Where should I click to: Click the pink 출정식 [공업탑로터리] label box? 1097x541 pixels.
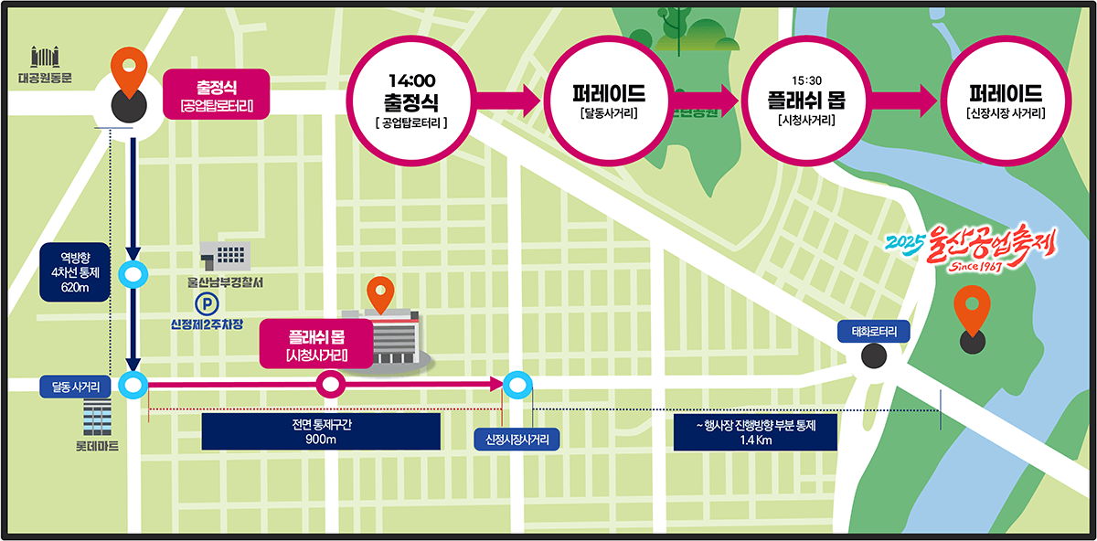[x=217, y=95]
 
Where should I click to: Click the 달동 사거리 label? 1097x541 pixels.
[x=76, y=387]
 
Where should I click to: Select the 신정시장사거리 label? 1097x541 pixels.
[x=517, y=440]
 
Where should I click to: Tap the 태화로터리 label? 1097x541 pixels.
[x=874, y=332]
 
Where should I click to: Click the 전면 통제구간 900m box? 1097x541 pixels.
[x=321, y=432]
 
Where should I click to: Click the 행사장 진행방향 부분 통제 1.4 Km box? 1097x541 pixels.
[x=755, y=432]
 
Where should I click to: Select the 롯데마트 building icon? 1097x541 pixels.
[x=96, y=418]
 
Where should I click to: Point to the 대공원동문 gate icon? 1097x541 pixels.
[x=45, y=58]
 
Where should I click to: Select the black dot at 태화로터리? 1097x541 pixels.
[x=873, y=356]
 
